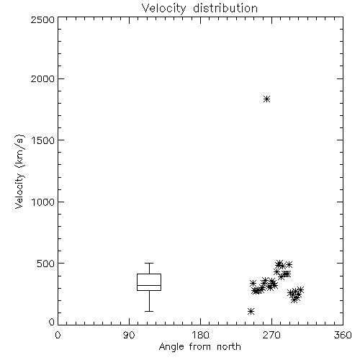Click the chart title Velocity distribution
point(199,8)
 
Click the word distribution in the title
point(225,8)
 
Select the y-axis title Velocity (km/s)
point(19,171)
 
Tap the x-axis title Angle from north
point(199,347)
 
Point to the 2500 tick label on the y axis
point(43,19)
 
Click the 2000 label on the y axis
point(43,78)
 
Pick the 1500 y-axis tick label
point(43,140)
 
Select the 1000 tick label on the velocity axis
point(43,202)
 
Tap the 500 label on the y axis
point(46,264)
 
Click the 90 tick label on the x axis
point(129,335)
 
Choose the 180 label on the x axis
point(200,335)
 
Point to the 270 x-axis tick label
point(271,335)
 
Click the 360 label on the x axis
point(343,335)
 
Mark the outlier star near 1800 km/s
point(266,99)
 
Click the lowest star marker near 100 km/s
point(251,312)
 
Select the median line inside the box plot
point(149,285)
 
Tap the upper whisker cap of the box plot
point(149,264)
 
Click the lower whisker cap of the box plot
point(149,311)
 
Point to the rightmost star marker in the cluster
point(300,289)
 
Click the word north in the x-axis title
point(229,347)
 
